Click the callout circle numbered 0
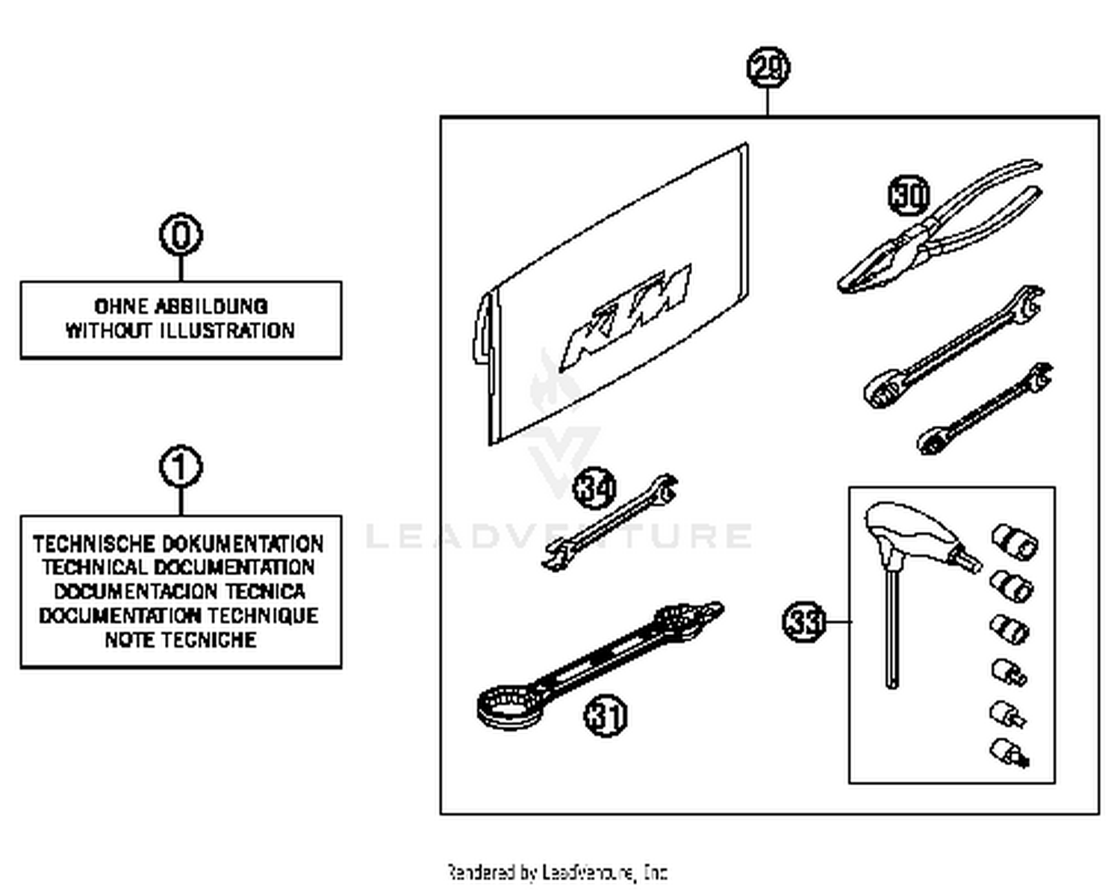point(181,235)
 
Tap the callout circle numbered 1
point(181,468)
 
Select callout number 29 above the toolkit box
point(768,68)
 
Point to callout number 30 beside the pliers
point(909,195)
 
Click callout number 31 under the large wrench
point(605,716)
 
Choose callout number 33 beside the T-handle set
point(803,622)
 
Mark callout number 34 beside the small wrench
point(594,489)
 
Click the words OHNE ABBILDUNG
point(181,306)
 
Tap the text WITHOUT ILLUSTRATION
point(181,330)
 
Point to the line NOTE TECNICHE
point(181,639)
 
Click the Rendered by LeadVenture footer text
point(557,872)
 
